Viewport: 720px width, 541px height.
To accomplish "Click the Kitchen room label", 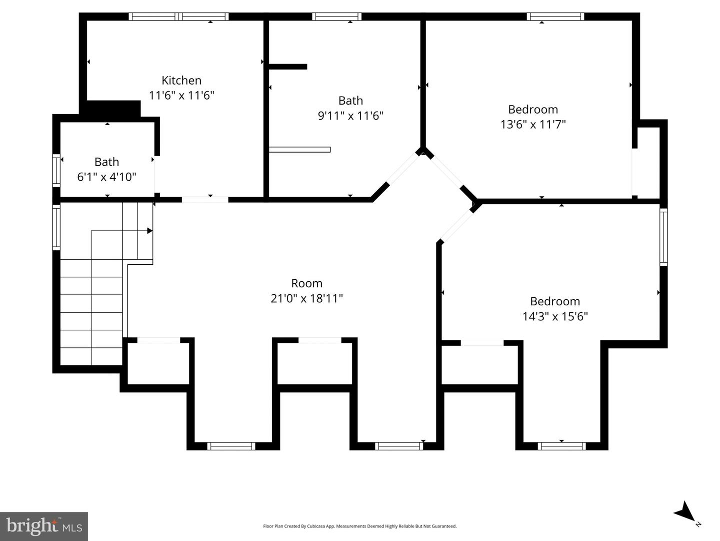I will pos(181,80).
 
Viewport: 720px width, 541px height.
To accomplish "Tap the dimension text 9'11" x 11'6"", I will pos(350,116).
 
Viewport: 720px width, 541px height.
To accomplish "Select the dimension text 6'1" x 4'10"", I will pos(106,177).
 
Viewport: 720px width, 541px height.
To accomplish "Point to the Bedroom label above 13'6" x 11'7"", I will pos(533,109).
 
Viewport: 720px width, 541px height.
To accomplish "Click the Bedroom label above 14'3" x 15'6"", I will pos(555,301).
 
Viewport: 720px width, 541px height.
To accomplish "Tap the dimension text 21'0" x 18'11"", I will pos(306,298).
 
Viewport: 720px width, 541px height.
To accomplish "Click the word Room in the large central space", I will pos(306,283).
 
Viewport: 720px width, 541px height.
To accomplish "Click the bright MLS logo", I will pos(44,526).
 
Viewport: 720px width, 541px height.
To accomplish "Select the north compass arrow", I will pos(684,512).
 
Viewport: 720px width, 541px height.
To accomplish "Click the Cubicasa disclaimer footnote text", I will pos(359,526).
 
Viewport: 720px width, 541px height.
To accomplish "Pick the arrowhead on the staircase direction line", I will pos(149,231).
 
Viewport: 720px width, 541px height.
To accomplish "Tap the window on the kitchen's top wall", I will pos(178,17).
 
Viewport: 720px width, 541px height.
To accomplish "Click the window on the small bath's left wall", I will pos(56,171).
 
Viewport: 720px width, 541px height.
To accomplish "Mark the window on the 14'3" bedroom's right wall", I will pos(663,237).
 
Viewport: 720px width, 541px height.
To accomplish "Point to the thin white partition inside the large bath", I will pos(299,149).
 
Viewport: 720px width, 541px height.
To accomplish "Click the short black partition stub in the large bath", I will pos(288,67).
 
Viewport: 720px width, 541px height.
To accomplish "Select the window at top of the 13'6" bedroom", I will pos(555,17).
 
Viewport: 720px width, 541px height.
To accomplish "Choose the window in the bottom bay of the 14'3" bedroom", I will pos(561,446).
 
